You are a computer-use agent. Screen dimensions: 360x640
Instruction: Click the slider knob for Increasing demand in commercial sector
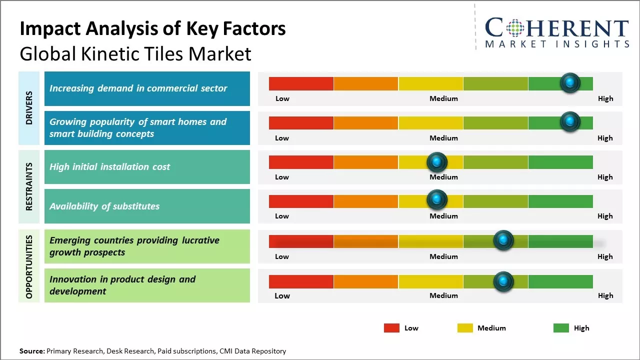click(570, 83)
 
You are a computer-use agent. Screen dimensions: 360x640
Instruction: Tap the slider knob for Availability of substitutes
click(437, 200)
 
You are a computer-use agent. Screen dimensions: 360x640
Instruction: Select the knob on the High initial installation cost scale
click(437, 162)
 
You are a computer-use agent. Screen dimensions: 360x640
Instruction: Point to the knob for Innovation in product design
click(503, 281)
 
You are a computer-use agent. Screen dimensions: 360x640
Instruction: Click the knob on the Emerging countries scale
click(503, 240)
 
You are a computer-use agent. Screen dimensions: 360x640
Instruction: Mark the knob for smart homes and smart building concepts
click(570, 122)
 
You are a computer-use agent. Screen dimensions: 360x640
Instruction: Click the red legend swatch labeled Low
click(391, 328)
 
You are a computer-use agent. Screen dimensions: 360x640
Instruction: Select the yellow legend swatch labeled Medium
click(465, 328)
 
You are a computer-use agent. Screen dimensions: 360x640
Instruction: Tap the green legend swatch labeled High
click(561, 328)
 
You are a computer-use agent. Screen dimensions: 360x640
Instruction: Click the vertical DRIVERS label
click(29, 107)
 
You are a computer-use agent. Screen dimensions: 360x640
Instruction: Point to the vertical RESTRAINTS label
click(29, 186)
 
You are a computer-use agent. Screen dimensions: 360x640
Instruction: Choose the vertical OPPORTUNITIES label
click(29, 266)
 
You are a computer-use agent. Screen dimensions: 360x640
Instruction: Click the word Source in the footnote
click(31, 351)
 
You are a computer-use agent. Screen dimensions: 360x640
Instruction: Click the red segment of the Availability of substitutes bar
click(301, 201)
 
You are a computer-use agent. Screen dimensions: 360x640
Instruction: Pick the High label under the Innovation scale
click(605, 295)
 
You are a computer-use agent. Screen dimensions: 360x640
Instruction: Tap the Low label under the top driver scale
click(282, 98)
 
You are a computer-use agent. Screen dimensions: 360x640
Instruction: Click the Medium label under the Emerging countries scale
click(443, 256)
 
